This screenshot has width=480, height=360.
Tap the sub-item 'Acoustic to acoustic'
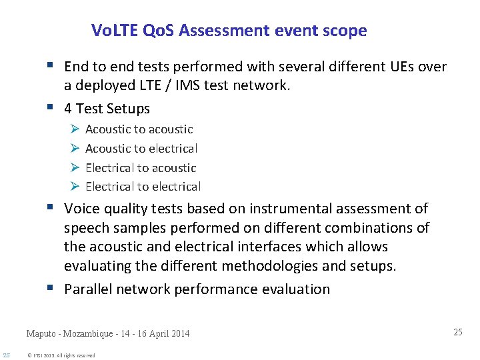139,129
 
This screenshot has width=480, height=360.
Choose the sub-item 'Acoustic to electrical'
141,149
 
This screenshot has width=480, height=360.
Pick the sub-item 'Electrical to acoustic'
141,168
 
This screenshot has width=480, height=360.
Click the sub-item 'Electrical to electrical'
143,187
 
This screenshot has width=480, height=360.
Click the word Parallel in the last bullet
89,289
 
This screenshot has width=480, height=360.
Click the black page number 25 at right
457,332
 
